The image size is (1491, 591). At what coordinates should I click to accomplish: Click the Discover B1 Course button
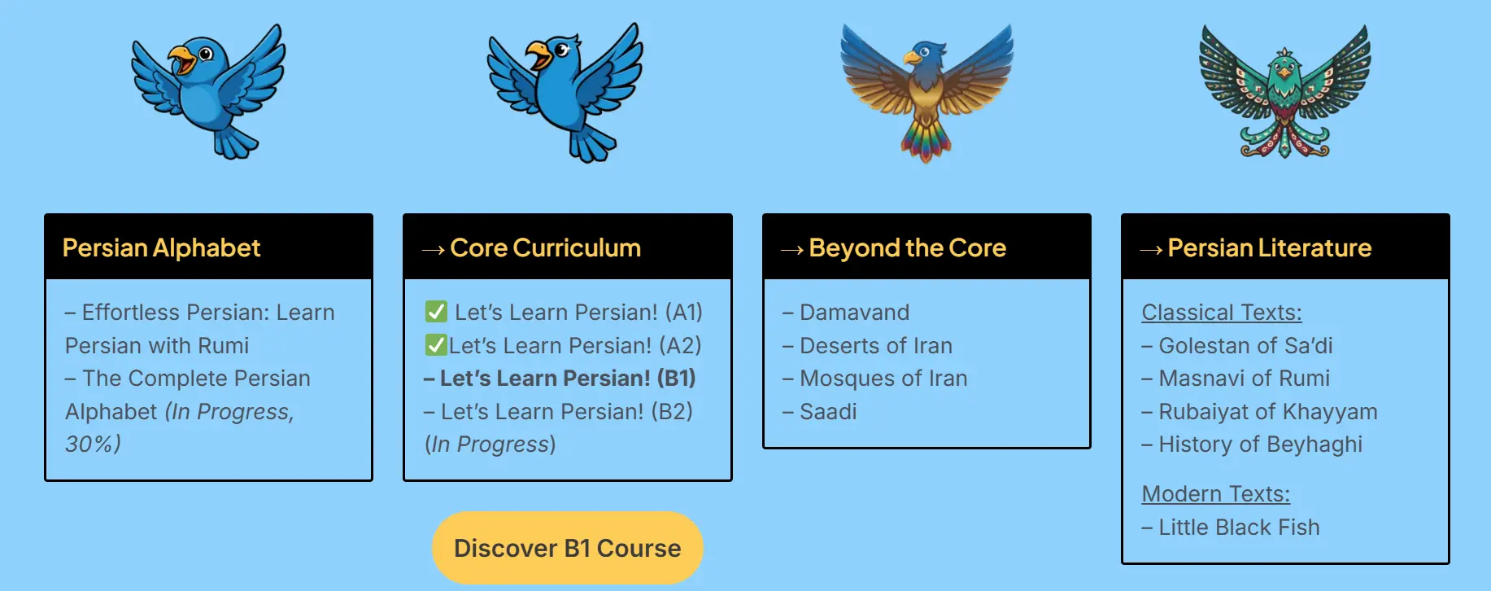coord(567,548)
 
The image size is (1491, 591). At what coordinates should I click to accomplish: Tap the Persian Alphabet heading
coord(161,247)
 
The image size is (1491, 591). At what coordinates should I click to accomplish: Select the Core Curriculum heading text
coord(545,247)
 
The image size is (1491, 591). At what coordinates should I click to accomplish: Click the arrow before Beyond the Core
coord(791,249)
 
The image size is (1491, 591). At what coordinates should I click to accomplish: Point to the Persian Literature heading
coord(1269,247)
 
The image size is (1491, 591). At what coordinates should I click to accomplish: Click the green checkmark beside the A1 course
coord(436,312)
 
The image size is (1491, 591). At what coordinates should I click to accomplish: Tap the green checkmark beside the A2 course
coord(436,345)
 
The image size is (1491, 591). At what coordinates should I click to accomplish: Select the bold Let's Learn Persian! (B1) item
coord(560,379)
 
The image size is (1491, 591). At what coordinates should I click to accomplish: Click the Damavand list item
coord(846,313)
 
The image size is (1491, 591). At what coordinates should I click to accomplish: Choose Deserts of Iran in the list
coord(867,346)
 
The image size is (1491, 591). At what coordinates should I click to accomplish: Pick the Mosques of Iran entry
coord(875,379)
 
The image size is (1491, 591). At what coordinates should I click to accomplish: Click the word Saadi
coord(828,412)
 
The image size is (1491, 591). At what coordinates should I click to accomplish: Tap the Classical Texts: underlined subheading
coord(1222,313)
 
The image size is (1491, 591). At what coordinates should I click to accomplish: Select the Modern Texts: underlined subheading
coord(1216,494)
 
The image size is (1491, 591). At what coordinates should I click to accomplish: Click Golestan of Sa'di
coord(1237,346)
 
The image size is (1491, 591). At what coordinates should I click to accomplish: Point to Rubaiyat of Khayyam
coord(1259,412)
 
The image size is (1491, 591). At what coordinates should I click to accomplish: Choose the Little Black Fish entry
coord(1231,528)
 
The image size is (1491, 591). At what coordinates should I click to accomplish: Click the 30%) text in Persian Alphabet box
coord(93,444)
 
